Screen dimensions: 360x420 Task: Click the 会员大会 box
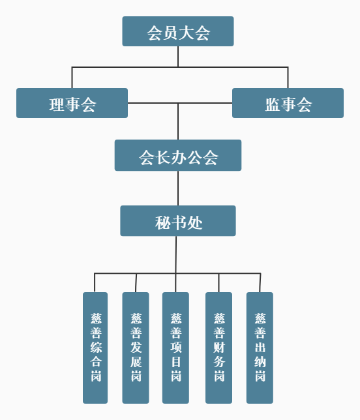coord(178,31)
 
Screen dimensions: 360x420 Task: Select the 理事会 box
coord(72,103)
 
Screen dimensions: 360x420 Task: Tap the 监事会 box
coord(288,103)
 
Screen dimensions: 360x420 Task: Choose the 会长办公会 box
coord(178,155)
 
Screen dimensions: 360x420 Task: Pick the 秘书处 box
coord(178,220)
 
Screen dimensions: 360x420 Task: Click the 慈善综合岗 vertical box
coord(95,348)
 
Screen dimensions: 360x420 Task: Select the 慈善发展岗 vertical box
coord(136,348)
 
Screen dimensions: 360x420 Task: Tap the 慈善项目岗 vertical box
coord(175,348)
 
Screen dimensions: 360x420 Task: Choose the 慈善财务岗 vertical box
coord(219,348)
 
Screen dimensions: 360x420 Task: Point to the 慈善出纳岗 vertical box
coord(260,348)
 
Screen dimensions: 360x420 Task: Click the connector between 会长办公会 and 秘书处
coord(178,188)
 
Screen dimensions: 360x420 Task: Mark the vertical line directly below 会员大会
coord(178,57)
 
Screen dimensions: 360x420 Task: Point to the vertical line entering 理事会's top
coord(72,78)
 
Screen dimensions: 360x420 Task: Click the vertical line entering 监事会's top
coord(288,78)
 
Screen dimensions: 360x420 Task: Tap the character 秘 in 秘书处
coord(162,222)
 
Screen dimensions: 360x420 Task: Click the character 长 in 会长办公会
coord(162,157)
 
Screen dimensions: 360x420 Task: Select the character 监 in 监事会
coord(273,104)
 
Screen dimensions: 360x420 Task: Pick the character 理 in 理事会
coord(57,104)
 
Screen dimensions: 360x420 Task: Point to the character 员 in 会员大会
coord(170,33)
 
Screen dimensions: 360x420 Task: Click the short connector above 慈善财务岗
coord(218,283)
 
